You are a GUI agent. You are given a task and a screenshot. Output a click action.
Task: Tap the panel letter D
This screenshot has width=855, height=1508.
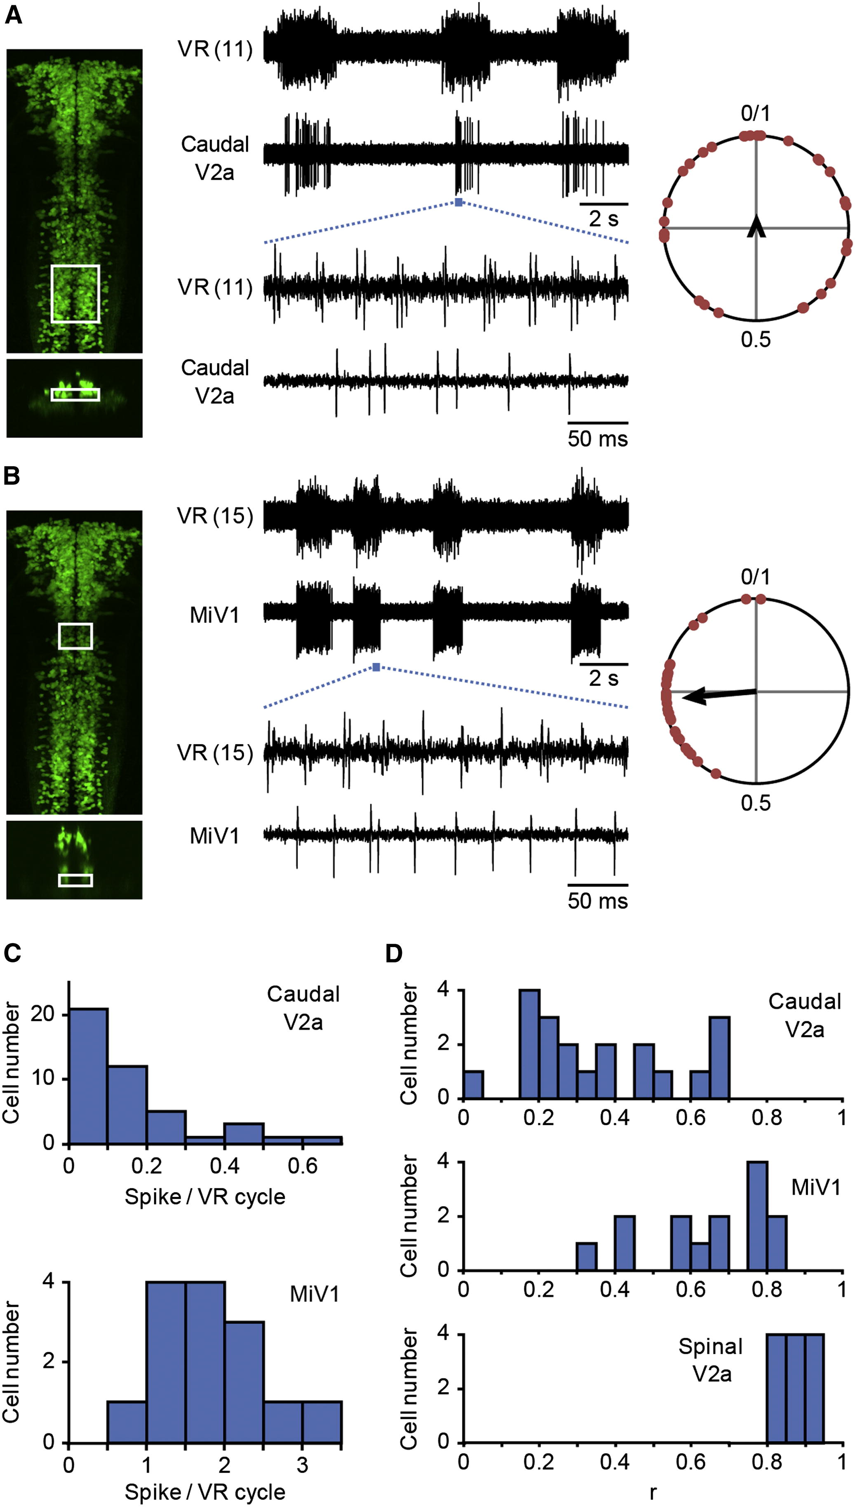pyautogui.click(x=394, y=954)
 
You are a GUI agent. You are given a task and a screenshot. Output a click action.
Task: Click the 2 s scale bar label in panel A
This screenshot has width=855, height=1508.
pyautogui.click(x=603, y=219)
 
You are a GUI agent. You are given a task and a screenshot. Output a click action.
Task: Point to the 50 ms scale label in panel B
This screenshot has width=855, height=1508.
pyautogui.click(x=597, y=901)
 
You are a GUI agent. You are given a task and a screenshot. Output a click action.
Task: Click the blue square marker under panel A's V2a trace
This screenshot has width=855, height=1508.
pyautogui.click(x=458, y=202)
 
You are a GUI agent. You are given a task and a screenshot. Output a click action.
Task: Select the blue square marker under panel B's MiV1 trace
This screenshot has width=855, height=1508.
pyautogui.click(x=376, y=667)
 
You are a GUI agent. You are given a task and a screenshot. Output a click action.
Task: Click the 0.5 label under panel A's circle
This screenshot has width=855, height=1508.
pyautogui.click(x=755, y=339)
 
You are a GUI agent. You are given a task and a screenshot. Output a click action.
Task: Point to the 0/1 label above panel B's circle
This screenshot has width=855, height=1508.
pyautogui.click(x=755, y=577)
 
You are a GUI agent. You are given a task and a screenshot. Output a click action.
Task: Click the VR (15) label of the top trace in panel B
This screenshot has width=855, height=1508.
pyautogui.click(x=215, y=516)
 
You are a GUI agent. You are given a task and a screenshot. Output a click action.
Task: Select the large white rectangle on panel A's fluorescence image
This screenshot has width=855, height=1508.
pyautogui.click(x=75, y=293)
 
